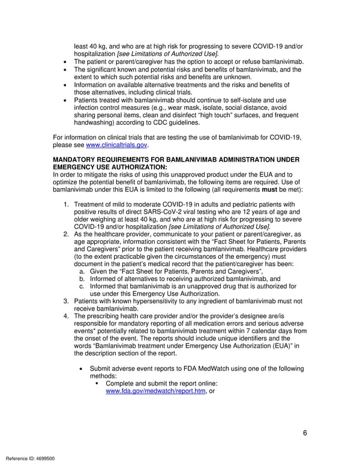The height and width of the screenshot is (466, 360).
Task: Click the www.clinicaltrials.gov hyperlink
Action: point(117,145)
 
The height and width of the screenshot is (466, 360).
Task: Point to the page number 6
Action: point(305,433)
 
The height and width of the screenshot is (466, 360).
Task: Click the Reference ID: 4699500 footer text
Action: point(28,458)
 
